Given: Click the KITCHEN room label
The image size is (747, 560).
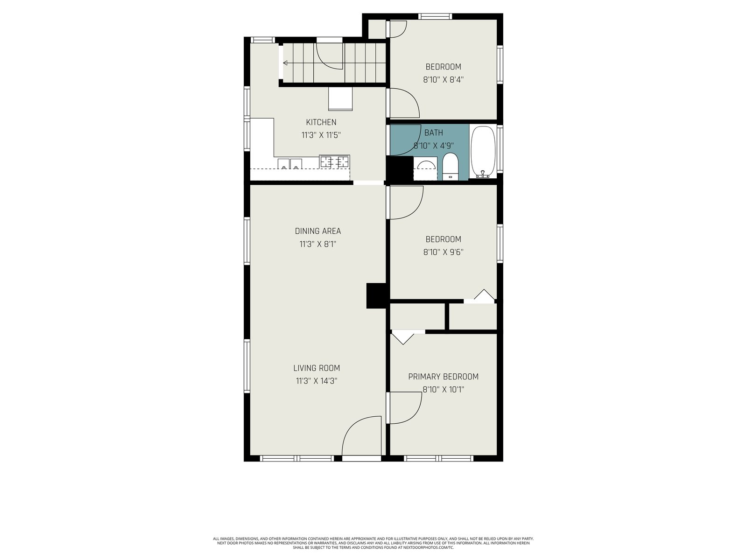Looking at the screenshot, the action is click(321, 122).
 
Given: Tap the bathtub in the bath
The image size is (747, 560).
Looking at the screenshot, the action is click(483, 152).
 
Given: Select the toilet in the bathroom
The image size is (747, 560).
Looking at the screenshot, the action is click(450, 166).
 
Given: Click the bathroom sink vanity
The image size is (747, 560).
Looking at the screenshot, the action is click(425, 168).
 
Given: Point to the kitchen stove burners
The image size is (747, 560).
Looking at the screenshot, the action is click(335, 161).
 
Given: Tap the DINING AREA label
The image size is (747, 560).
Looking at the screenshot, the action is click(317, 231).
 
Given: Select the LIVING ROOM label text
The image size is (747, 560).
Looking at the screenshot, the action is click(317, 368).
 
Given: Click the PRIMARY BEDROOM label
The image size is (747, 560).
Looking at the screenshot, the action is click(443, 377).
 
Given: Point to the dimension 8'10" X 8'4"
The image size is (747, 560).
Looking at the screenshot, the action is click(443, 80).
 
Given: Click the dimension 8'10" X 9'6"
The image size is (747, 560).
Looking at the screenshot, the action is click(443, 252).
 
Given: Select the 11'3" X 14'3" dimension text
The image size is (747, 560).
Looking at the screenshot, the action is click(317, 381).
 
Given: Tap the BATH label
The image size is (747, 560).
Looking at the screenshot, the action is click(434, 133).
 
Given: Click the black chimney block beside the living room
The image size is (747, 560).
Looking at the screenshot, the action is click(376, 296).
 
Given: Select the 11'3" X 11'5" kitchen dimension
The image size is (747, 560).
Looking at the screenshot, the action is click(321, 135).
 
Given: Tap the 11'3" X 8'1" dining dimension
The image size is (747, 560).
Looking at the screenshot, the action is click(317, 244).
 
